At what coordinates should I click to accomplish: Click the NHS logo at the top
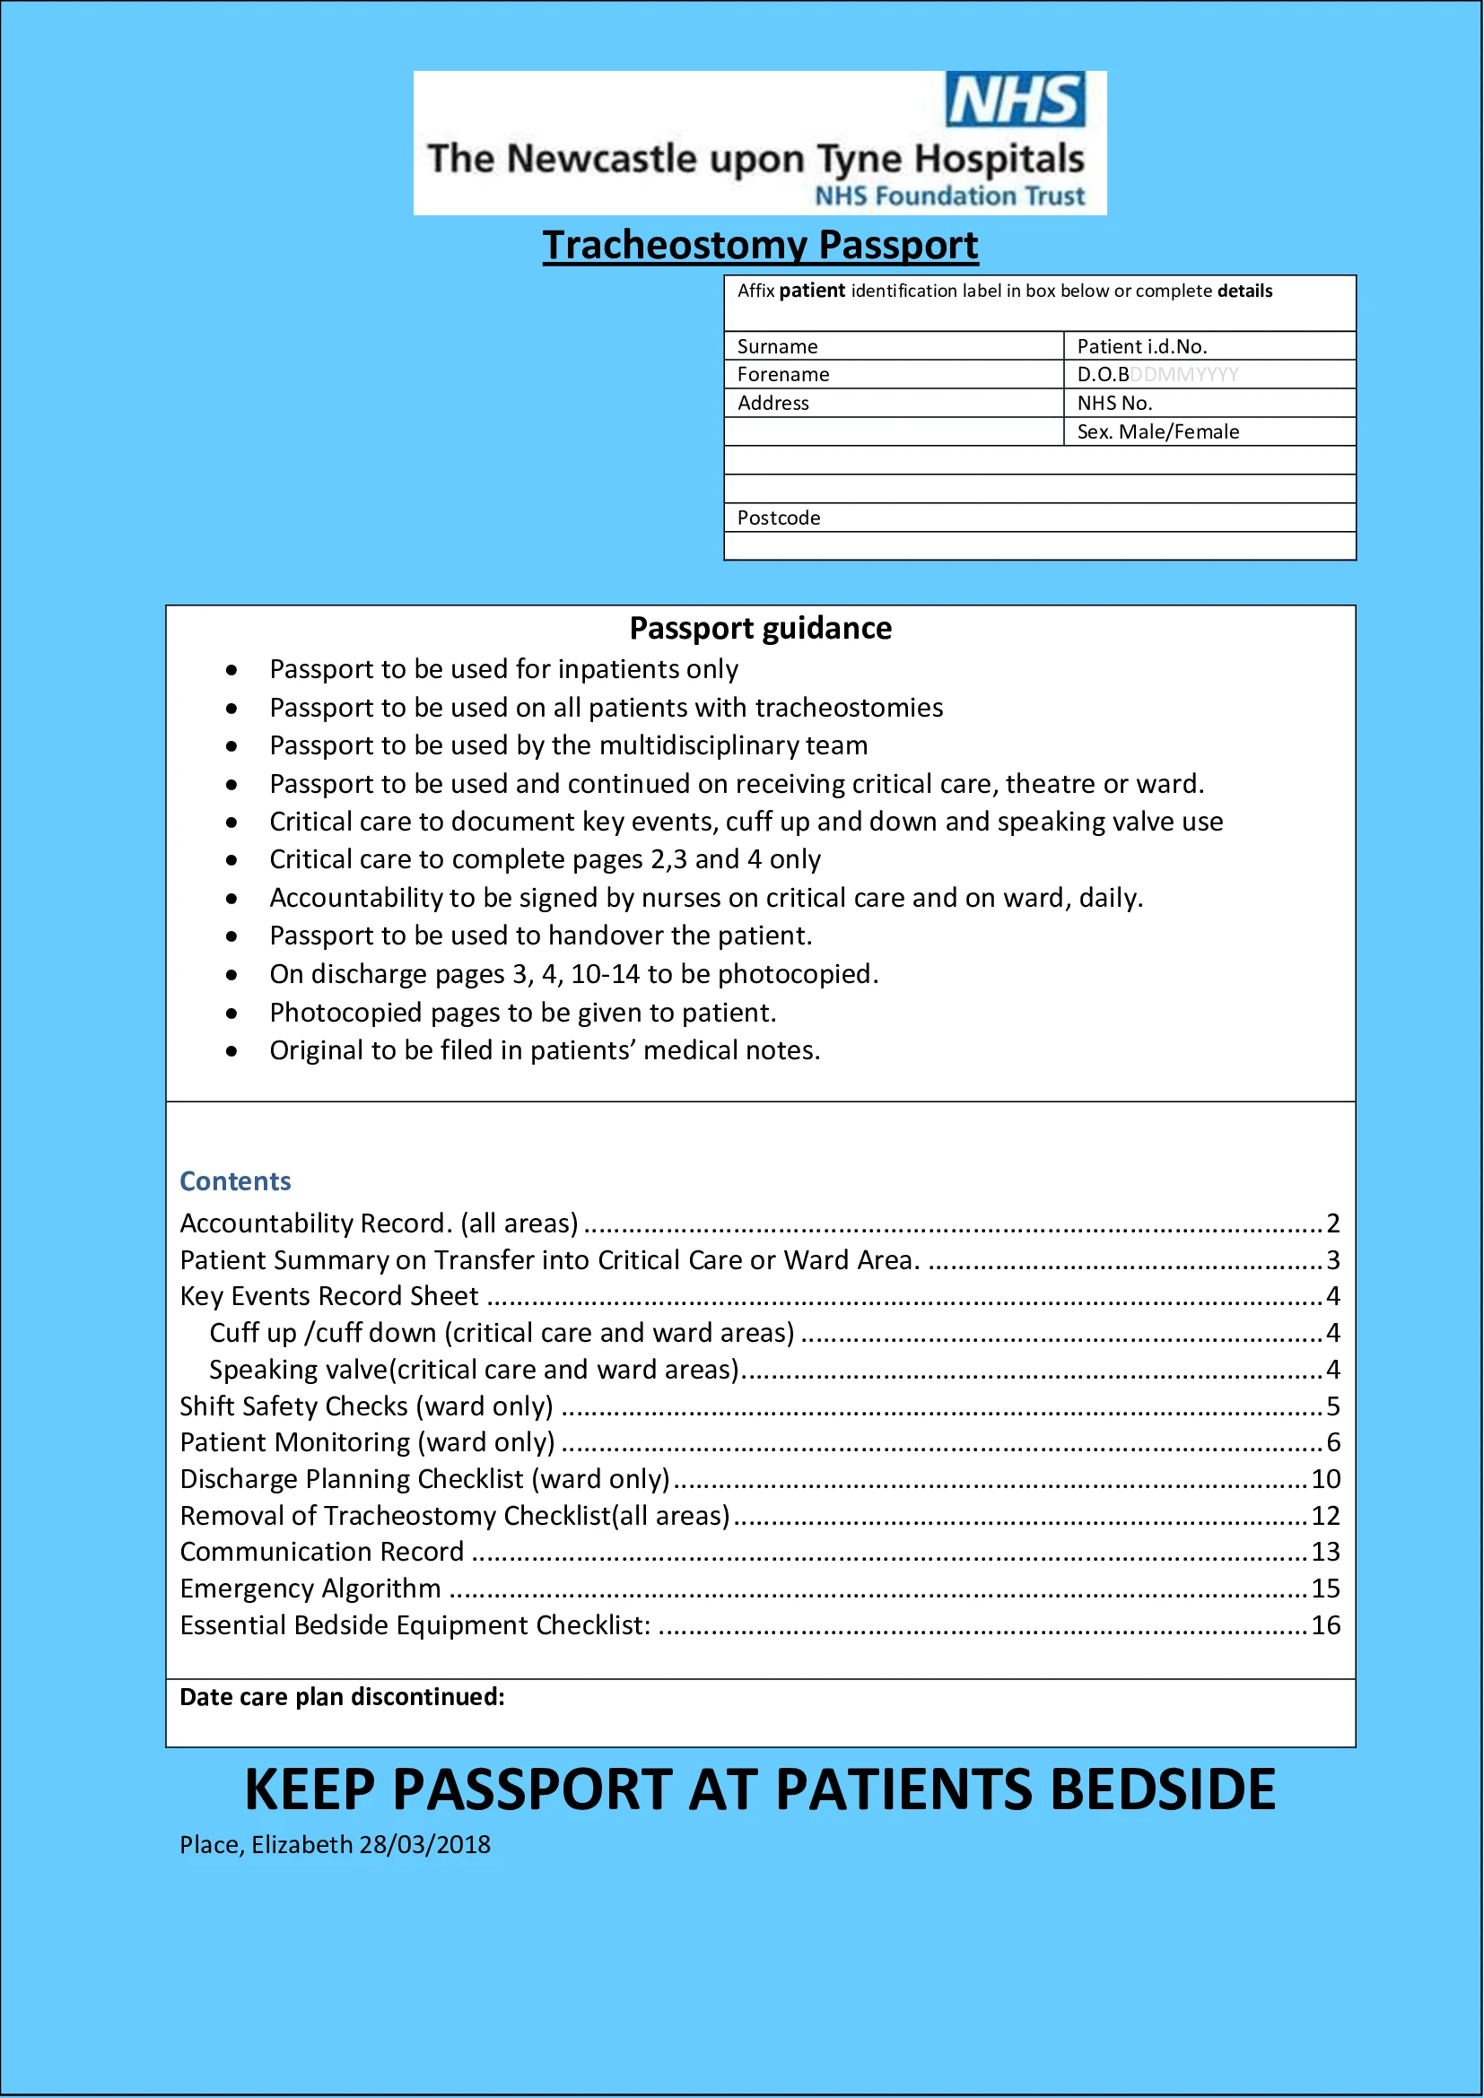[x=1015, y=99]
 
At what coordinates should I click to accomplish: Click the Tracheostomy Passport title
[x=760, y=245]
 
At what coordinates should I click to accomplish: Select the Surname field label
[x=778, y=346]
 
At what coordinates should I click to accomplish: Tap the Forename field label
[x=783, y=375]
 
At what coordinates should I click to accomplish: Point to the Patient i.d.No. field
[x=1142, y=346]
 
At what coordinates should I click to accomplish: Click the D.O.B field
[x=1157, y=375]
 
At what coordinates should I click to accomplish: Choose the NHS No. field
[x=1114, y=403]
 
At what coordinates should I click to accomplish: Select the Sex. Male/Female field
[x=1157, y=431]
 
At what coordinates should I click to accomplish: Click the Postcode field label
[x=779, y=518]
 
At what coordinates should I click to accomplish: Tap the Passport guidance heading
[x=760, y=629]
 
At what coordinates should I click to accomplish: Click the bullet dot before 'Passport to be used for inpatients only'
[x=232, y=670]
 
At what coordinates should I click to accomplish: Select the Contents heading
[x=235, y=1181]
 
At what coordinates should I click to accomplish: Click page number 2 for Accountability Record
[x=1333, y=1223]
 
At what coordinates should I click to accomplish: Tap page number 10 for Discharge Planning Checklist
[x=1326, y=1479]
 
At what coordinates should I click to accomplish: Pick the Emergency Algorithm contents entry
[x=310, y=1589]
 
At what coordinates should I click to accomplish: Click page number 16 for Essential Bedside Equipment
[x=1326, y=1625]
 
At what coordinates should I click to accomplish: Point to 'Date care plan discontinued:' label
[x=342, y=1697]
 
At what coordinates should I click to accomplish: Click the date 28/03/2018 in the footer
[x=425, y=1845]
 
